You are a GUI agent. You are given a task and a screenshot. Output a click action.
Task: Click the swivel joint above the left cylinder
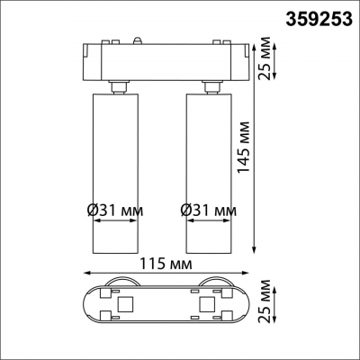coord(118,85)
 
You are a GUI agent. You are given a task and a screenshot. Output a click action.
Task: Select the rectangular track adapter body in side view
coord(166,60)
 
